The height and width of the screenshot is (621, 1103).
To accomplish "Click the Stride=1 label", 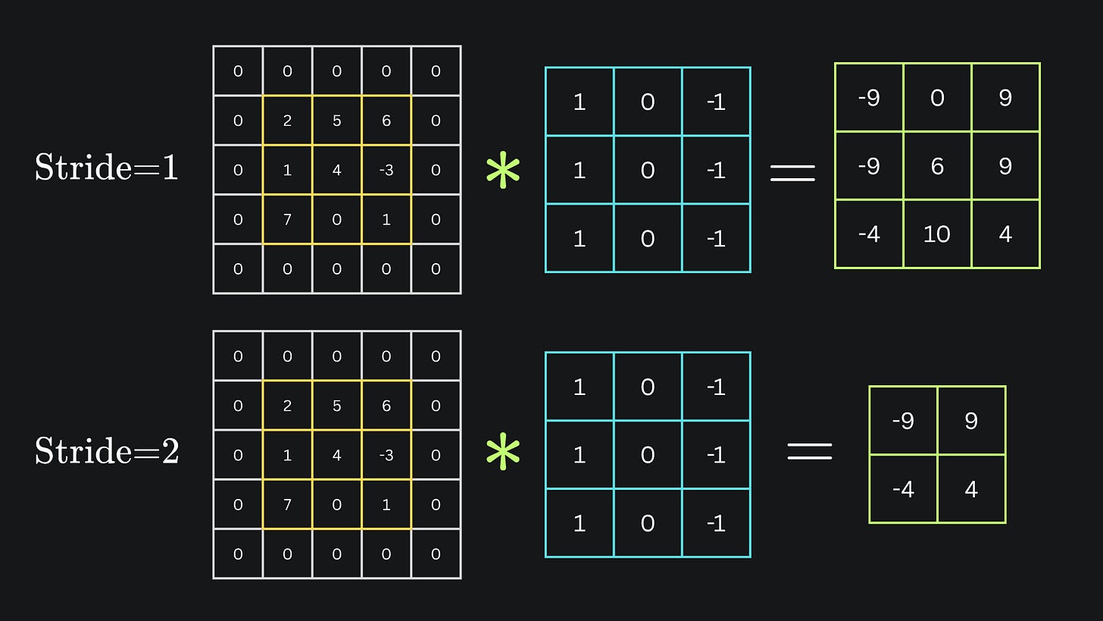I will tap(107, 168).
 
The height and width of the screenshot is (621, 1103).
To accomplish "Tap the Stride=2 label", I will tap(107, 452).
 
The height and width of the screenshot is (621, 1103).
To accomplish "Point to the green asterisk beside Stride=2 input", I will tap(503, 454).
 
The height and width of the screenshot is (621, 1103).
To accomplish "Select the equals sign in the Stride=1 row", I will tap(792, 174).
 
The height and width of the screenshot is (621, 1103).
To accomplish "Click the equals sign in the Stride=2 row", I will tap(810, 452).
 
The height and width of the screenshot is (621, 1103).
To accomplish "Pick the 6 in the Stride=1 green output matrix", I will tap(937, 166).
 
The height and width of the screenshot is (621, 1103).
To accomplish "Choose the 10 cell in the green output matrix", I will tap(937, 234).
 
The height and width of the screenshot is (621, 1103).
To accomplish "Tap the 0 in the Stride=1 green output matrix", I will tap(937, 98).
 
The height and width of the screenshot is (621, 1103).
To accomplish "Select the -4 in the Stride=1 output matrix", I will tap(869, 234).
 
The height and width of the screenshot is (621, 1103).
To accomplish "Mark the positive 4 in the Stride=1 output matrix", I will tap(1005, 234).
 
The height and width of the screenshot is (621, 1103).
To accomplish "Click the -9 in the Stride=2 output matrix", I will tap(903, 421).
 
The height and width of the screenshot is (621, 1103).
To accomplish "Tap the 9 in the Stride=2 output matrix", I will tap(971, 421).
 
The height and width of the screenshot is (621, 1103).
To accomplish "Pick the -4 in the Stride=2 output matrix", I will tap(903, 489).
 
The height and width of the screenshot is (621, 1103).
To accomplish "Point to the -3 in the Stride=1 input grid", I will tap(386, 170).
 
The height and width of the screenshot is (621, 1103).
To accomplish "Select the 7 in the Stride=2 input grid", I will tap(287, 504).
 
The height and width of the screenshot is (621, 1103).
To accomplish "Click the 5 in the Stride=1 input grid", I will tap(336, 121).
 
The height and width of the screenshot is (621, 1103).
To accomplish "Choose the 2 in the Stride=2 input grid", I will tap(287, 406).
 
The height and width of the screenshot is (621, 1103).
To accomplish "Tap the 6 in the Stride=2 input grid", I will tap(386, 406).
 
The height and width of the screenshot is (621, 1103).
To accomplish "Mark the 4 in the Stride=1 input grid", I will tap(336, 170).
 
